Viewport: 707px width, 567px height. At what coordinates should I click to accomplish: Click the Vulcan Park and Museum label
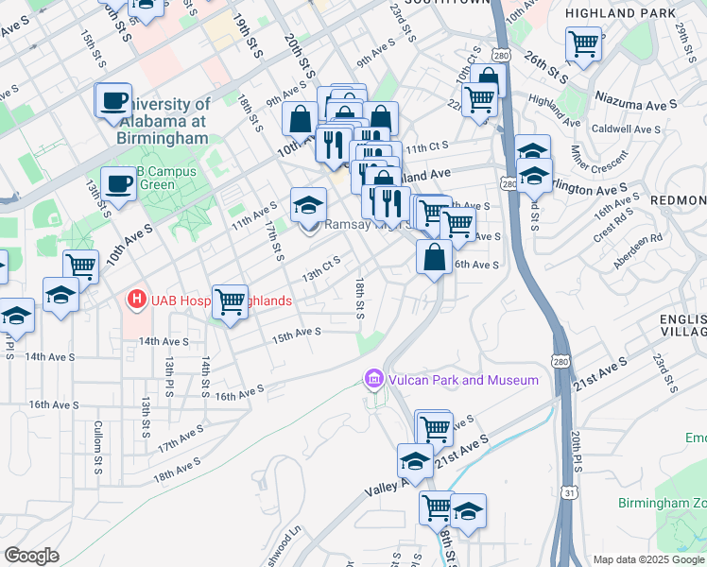tap(461, 380)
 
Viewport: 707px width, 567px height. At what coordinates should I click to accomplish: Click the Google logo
tap(31, 556)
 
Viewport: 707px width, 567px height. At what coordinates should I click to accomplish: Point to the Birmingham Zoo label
tap(662, 502)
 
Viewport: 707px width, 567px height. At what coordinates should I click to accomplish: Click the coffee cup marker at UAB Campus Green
tap(119, 184)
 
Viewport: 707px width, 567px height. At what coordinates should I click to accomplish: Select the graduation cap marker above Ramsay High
tap(308, 205)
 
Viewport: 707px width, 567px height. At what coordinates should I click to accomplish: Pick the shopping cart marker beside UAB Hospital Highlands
tap(230, 302)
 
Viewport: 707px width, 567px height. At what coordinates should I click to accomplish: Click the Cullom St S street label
tap(97, 448)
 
